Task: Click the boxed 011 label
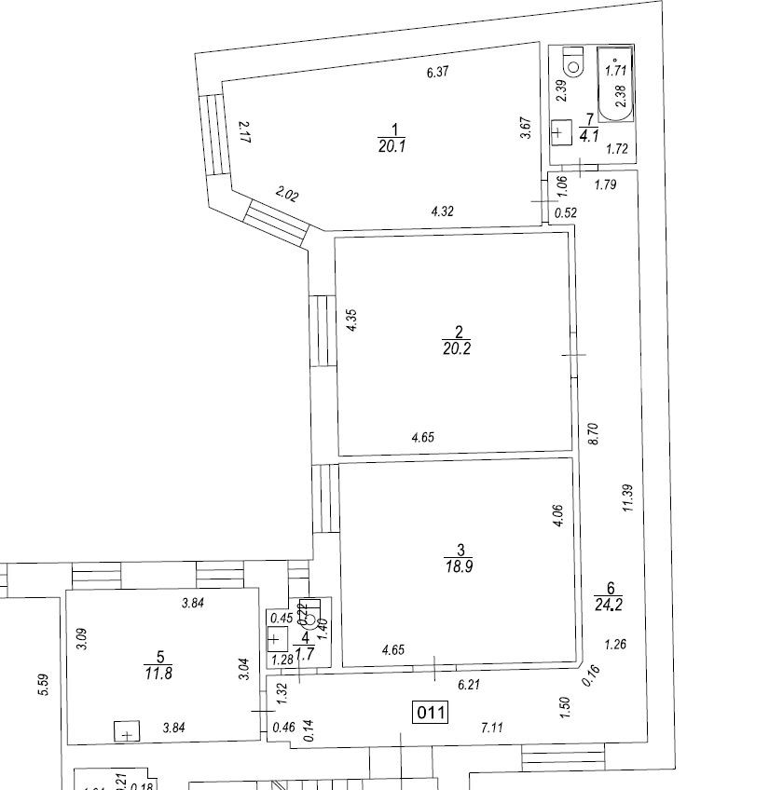432,714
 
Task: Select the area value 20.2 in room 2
457,348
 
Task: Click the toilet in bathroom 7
571,61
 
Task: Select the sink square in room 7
560,133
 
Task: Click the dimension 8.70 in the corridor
593,433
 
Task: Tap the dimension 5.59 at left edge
42,688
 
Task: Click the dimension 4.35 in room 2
351,320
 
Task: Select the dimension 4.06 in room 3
556,516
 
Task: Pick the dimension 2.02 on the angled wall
287,195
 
